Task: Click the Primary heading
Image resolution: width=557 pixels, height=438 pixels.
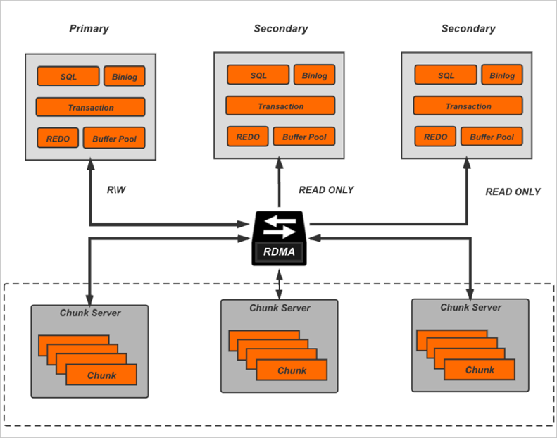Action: (89, 29)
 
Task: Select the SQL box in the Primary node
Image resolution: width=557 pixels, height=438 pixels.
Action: (68, 76)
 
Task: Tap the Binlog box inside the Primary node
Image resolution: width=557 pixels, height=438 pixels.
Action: (125, 76)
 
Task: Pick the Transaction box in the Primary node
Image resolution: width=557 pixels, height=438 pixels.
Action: (90, 107)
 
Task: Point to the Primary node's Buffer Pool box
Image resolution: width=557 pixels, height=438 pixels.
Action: (114, 138)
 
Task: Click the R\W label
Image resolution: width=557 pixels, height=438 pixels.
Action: (116, 190)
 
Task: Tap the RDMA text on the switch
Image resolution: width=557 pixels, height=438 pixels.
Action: (280, 251)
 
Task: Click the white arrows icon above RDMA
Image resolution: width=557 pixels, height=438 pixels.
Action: (280, 226)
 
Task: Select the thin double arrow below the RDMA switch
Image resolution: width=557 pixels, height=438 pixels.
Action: (280, 283)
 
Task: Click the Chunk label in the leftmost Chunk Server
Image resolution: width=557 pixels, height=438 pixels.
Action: (101, 375)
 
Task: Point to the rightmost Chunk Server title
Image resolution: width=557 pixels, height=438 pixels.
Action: (470, 307)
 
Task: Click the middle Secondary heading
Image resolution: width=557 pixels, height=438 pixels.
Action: (280, 29)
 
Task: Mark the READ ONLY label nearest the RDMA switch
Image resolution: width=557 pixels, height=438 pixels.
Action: (326, 190)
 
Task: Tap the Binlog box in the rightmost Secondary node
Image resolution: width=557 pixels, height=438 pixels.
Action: (502, 75)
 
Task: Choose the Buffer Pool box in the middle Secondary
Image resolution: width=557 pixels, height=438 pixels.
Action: (303, 137)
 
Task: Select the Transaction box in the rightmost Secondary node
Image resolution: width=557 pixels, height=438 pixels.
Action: (468, 106)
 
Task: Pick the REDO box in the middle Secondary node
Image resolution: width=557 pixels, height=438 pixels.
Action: (247, 137)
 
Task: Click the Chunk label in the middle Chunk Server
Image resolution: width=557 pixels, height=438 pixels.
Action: (292, 370)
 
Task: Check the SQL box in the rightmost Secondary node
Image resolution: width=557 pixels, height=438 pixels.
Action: (446, 75)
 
